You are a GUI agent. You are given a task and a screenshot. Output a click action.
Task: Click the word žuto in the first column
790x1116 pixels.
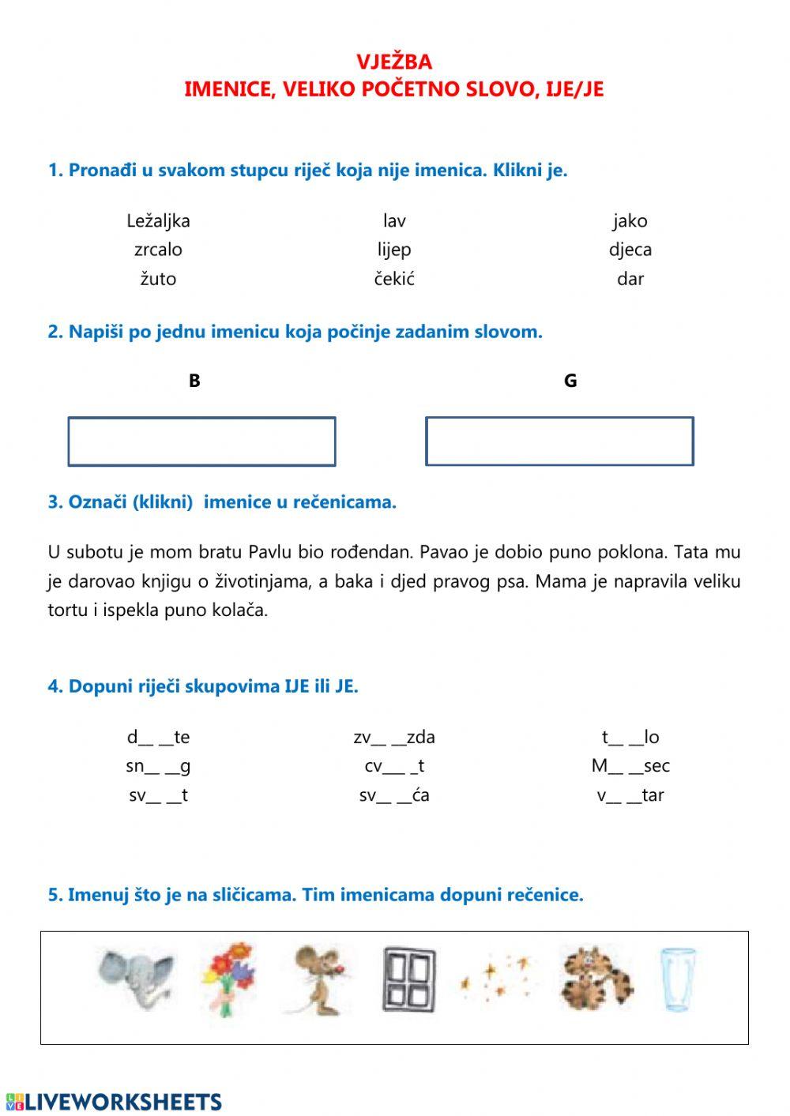158,279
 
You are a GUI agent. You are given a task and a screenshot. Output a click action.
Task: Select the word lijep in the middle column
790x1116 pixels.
394,250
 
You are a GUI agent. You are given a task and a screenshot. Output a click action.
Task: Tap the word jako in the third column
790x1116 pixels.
630,221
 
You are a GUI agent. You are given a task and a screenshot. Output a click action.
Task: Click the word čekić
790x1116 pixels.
394,279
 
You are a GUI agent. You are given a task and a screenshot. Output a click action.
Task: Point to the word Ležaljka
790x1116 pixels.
158,221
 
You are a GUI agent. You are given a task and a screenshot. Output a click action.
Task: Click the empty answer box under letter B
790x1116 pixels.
201,442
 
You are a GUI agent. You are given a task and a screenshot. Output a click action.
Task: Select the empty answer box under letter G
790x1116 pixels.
559,442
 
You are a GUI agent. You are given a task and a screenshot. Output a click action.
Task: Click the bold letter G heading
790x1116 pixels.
570,381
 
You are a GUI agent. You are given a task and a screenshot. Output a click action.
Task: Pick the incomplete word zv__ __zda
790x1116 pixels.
394,738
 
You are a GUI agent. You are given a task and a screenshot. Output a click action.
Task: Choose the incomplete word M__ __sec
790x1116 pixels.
630,766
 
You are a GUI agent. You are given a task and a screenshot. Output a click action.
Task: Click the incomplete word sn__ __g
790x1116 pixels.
158,766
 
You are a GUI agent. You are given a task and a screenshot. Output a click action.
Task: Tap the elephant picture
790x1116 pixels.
136,979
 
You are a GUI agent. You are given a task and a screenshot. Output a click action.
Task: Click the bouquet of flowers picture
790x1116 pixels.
228,978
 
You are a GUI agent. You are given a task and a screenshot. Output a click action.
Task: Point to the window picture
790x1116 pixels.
408,979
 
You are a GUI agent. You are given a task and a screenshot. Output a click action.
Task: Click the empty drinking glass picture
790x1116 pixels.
678,979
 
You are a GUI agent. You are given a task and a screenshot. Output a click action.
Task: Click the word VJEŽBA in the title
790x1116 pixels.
393,62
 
